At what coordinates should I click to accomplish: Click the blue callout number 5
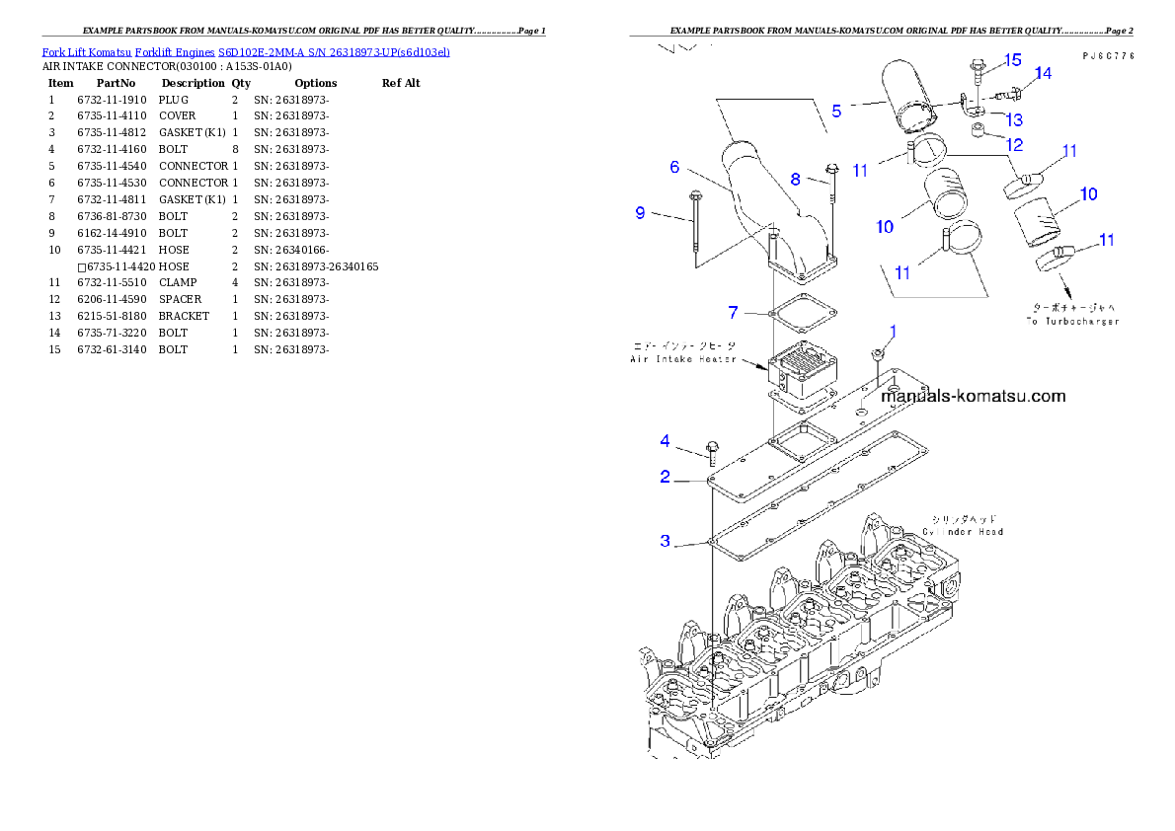tap(836, 111)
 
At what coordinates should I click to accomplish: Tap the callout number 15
tap(1012, 60)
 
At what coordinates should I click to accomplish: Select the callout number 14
tap(1043, 74)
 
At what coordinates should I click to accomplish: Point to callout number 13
tap(1014, 119)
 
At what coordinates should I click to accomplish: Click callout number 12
tap(1014, 144)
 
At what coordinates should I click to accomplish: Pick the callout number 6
tap(674, 167)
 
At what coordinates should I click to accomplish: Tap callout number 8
tap(795, 180)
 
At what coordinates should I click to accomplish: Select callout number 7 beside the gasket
tap(733, 312)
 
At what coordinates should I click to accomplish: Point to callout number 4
tap(665, 440)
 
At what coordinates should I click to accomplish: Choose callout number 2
tap(665, 477)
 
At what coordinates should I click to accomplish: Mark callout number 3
tap(665, 540)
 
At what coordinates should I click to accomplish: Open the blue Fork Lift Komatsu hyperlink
tap(246, 51)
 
